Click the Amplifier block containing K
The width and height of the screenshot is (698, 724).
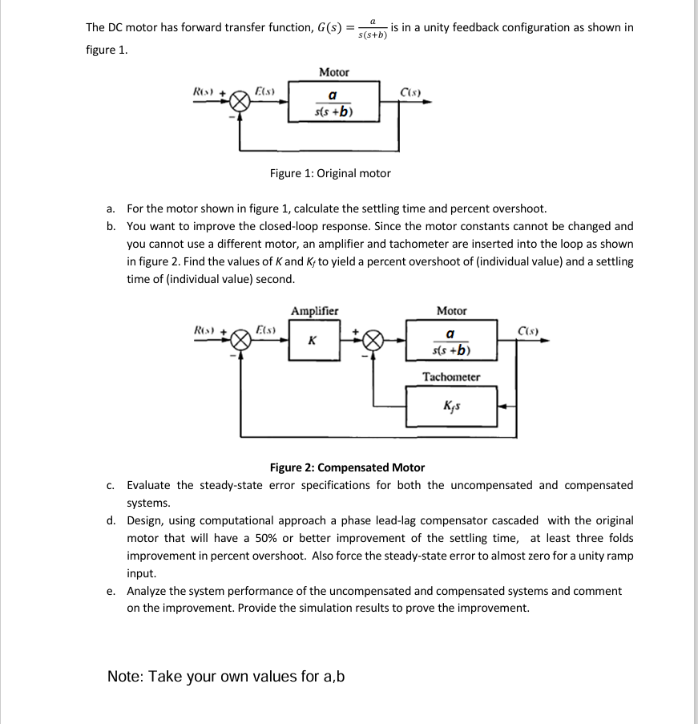(x=312, y=341)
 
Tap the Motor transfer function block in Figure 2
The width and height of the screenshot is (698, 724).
(x=451, y=342)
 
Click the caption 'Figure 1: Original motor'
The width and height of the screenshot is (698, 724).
(x=330, y=173)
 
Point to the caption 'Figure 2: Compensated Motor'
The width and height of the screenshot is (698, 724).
(x=347, y=467)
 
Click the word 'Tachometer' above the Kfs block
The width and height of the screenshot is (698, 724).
(x=451, y=377)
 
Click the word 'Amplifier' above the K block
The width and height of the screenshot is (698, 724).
(x=314, y=311)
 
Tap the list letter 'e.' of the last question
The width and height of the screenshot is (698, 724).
(x=112, y=592)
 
